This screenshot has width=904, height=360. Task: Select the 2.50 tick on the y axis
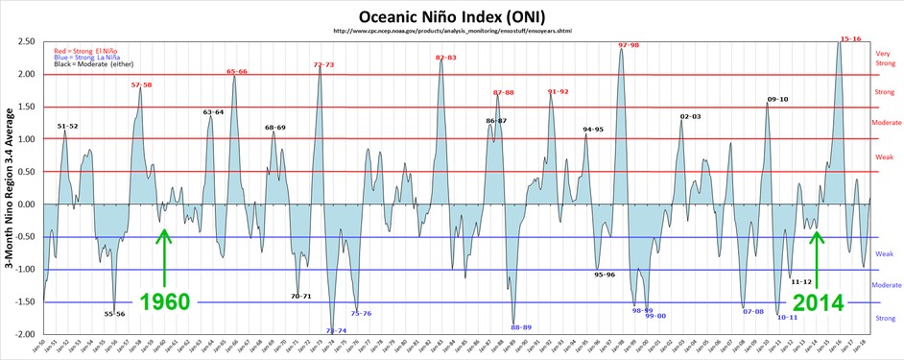point(26,41)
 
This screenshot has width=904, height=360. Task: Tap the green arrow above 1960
point(164,257)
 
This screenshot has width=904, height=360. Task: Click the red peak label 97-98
point(629,45)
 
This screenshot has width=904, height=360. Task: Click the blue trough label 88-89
point(521,327)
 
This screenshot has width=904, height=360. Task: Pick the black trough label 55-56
point(115,313)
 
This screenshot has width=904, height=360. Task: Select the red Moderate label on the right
point(886,123)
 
